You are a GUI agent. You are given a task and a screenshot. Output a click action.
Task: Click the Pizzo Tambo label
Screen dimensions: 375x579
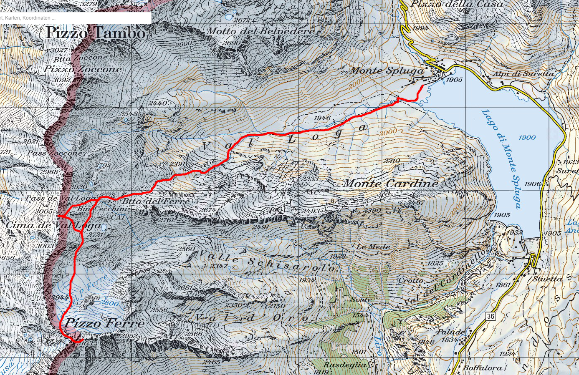96,33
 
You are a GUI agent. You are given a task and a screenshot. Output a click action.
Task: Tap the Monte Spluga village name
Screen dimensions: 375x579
387,70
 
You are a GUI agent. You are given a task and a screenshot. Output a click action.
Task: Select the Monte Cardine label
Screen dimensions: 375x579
390,184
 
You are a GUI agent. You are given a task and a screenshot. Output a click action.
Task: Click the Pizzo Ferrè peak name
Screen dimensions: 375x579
105,323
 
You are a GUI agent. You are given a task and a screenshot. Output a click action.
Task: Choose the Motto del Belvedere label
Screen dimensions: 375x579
261,31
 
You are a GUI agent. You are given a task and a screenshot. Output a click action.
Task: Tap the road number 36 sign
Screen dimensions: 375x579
490,316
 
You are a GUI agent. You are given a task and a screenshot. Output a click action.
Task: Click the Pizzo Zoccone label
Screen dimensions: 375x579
83,69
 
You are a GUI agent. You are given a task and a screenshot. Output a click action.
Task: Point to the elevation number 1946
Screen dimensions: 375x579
322,118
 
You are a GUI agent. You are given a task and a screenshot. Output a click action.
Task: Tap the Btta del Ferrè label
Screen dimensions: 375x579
156,201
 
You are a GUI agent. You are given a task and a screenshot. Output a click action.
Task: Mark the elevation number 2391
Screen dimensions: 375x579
178,164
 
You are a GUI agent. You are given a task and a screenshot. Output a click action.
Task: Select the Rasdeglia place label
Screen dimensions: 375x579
345,365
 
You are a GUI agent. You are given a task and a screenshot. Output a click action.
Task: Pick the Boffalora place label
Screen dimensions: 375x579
483,368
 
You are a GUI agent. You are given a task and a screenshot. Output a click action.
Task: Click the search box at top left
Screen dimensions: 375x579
75,18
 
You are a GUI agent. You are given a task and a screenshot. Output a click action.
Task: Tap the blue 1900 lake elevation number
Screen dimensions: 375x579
527,138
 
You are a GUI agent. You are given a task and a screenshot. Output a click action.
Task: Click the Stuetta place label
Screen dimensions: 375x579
547,279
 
